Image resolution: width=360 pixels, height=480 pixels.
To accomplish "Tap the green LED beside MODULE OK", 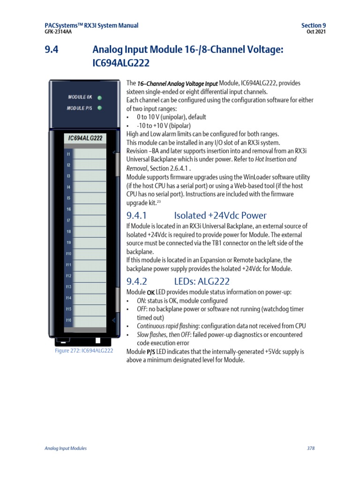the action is pos(99,98).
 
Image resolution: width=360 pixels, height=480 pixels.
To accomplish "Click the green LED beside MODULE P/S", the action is pos(99,108).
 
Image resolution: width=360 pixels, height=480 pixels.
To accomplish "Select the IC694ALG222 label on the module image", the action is pos(85,138).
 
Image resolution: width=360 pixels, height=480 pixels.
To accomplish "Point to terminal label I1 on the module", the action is pos(68,154).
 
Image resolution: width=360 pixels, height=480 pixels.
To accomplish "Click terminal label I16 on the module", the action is pos(68,320).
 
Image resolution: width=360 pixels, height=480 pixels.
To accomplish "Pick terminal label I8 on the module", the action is pos(68,232).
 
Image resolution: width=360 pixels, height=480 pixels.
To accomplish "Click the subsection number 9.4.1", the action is pos(137,216).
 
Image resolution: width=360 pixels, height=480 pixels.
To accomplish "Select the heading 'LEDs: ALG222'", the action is pos(202,281).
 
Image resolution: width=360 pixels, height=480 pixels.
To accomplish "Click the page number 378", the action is pos(310,449).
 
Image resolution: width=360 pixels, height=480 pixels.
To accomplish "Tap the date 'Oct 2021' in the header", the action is pos(316,32).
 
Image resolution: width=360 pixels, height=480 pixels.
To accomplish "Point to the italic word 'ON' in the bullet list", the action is pos(140,301).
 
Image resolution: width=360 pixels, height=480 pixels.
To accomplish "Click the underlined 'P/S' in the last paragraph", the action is pos(150,352).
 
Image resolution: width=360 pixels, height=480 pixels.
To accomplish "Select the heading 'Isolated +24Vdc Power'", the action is pos(220,216).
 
